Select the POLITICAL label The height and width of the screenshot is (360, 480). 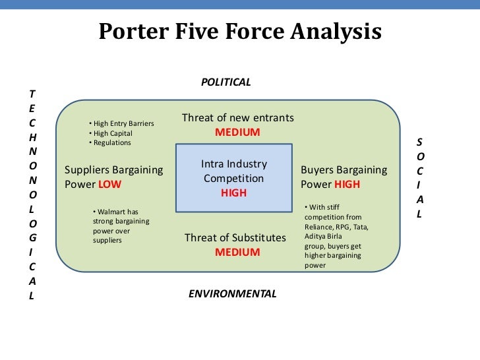point(225,82)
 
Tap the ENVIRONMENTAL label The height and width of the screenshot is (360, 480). point(233,293)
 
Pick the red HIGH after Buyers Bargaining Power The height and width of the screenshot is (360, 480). point(347,185)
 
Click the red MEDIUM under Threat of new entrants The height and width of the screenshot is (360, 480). point(237,132)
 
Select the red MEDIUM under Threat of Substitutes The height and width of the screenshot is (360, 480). point(237,252)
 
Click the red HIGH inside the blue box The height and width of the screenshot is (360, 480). point(233,193)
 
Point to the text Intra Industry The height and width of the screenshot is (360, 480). point(233,164)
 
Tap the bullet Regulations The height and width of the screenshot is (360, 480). point(112,142)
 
